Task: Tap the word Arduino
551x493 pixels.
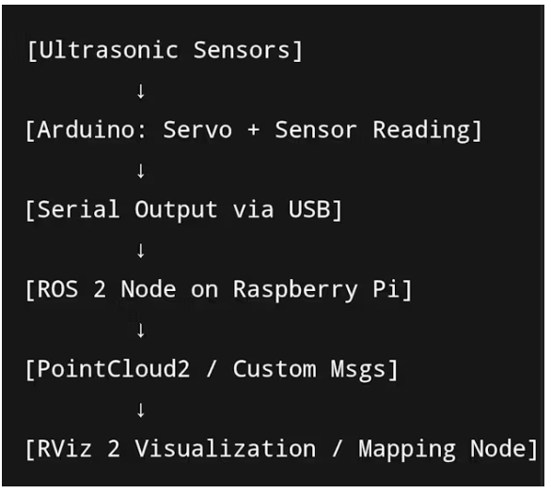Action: point(86,130)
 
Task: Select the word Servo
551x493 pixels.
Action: point(197,130)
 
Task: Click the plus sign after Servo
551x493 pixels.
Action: point(253,131)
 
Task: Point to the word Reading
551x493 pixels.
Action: point(421,131)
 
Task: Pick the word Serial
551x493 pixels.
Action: point(78,209)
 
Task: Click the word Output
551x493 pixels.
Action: point(176,210)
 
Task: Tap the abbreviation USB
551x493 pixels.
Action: point(309,209)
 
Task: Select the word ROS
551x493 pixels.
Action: point(57,289)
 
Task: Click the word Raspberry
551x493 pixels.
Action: point(295,290)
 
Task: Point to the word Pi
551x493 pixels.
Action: point(386,289)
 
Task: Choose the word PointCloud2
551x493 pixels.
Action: point(113,369)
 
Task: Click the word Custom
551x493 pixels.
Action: point(275,369)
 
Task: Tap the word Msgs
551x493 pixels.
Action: point(358,370)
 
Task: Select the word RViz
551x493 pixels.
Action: point(64,449)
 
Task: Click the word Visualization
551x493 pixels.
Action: point(226,449)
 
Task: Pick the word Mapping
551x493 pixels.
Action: point(407,450)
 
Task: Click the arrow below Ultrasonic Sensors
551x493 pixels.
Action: point(141,92)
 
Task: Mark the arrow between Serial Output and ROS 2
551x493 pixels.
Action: point(141,251)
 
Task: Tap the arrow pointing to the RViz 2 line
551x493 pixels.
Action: point(141,410)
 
